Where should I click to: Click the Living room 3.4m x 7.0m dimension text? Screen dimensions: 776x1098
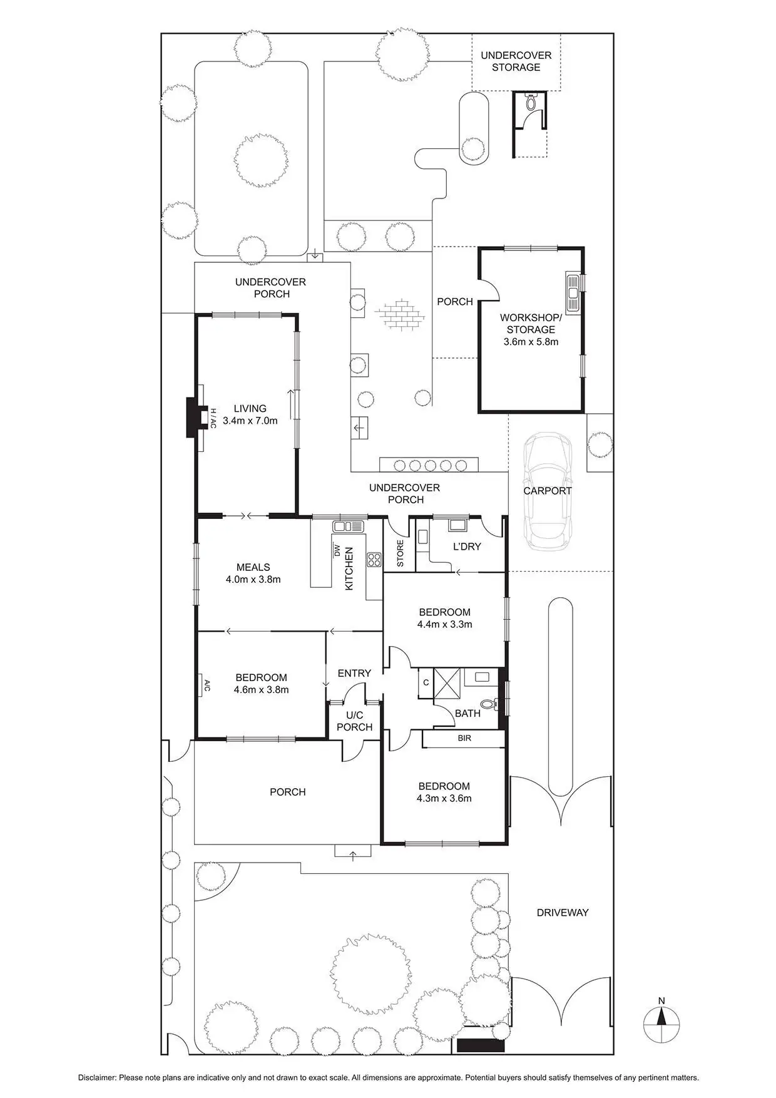[x=250, y=421]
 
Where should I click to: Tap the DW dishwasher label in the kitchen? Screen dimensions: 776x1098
[x=337, y=551]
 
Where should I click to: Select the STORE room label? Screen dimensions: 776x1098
[x=400, y=553]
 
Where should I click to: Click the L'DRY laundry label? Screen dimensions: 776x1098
[x=467, y=546]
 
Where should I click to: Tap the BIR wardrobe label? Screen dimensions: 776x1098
[x=464, y=739]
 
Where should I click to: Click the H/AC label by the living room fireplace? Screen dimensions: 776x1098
[x=212, y=418]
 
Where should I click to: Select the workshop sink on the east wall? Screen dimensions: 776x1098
[x=573, y=293]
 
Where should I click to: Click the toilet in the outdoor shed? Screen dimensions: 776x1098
[x=531, y=102]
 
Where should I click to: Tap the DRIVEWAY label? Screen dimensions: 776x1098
[x=563, y=913]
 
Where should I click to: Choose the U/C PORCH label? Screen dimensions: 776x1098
[x=354, y=721]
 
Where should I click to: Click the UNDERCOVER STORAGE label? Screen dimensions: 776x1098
[x=516, y=61]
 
